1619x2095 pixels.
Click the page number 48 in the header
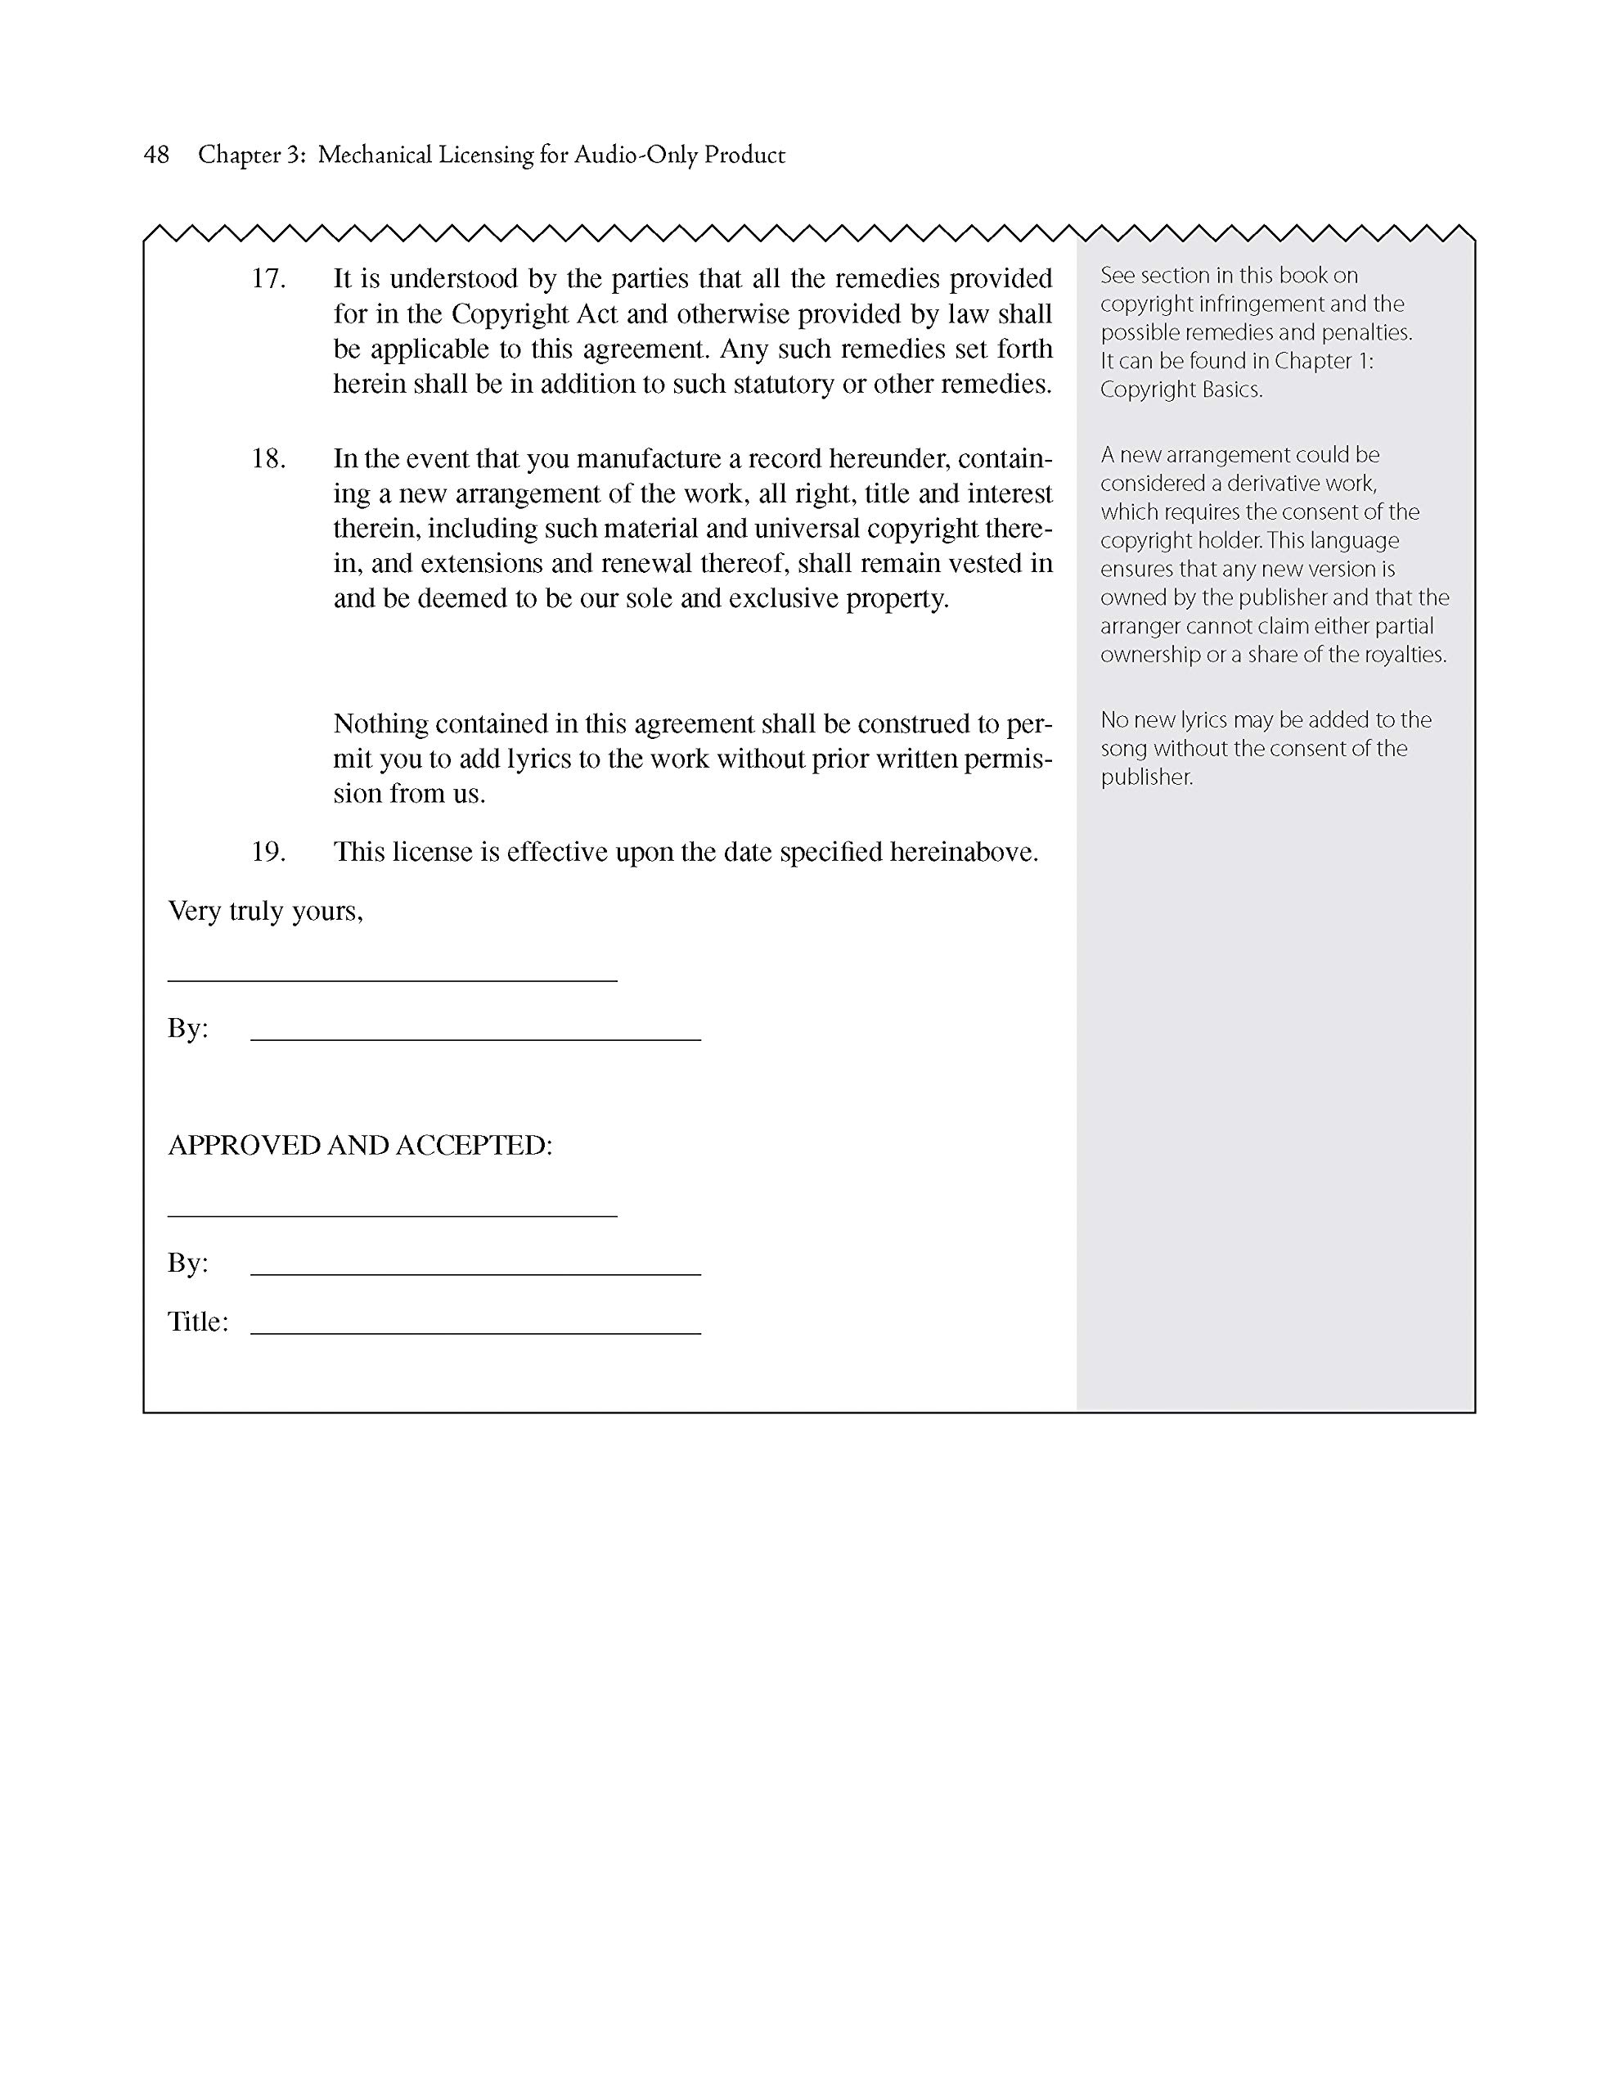coord(156,155)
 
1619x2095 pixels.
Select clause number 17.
coord(268,278)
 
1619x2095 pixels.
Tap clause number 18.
coord(268,458)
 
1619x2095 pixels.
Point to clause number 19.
coord(268,852)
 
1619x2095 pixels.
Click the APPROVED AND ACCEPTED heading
coord(360,1146)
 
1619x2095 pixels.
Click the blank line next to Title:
coord(476,1332)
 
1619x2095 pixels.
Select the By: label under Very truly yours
coord(187,1029)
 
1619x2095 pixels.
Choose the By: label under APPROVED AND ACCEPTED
coord(187,1263)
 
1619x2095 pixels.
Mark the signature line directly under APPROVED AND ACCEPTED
coord(393,1215)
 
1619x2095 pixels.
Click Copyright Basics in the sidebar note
coord(1181,390)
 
